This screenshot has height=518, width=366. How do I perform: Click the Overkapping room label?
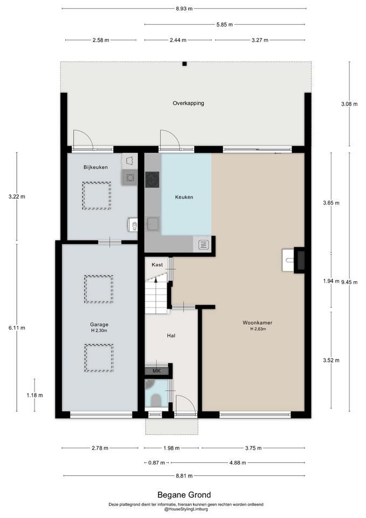188,103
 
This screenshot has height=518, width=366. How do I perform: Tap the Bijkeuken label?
95,167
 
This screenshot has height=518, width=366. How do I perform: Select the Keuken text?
184,197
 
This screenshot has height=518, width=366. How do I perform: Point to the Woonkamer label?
258,323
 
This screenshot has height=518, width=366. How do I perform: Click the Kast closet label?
157,264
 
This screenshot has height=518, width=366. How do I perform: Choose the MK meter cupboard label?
156,371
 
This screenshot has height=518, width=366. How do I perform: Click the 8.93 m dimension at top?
184,9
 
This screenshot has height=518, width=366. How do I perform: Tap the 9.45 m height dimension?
349,282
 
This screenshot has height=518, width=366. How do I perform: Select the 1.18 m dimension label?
34,395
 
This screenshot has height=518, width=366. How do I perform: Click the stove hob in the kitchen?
152,180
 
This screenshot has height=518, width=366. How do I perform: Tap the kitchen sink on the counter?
153,224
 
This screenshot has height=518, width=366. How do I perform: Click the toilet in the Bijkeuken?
133,226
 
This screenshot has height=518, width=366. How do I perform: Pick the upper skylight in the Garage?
99,289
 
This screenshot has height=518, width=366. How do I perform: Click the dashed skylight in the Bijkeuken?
96,196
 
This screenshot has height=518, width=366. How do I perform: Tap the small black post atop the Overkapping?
184,64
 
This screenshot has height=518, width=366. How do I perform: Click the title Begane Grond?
184,495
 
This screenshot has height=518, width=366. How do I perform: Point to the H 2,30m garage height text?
99,330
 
